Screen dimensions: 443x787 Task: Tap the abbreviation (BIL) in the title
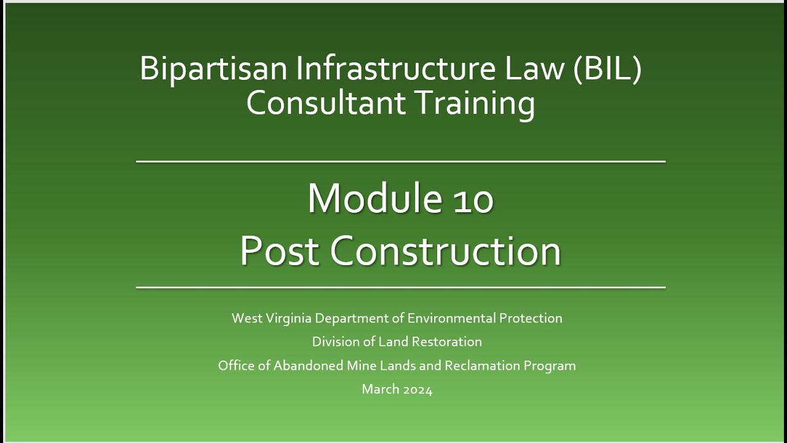(607, 69)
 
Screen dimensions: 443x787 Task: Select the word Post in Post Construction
(279, 251)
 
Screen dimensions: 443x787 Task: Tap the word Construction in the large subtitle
(446, 251)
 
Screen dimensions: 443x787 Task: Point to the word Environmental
(451, 319)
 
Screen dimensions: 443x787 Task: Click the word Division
(334, 341)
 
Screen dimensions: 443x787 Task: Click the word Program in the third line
(550, 365)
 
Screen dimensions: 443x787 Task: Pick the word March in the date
(380, 389)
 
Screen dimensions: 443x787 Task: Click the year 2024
(418, 389)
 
